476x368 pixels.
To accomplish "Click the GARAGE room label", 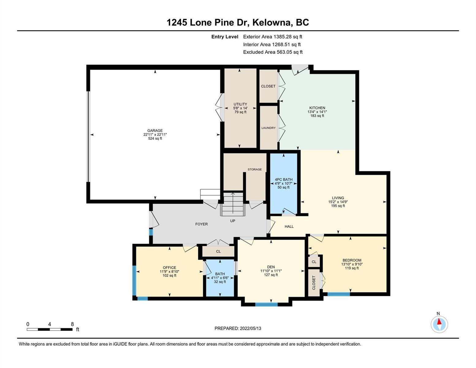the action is (155, 130).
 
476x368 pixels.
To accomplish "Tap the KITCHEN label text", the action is (317, 108).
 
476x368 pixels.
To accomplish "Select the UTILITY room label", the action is (240, 104).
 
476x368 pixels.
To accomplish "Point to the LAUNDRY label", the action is (268, 128).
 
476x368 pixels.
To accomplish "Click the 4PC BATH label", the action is (284, 179).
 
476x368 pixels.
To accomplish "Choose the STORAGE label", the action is (254, 169).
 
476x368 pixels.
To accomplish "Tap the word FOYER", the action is (202, 224).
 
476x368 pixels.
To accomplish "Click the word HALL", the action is (289, 226).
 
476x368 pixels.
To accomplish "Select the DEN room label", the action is (271, 267).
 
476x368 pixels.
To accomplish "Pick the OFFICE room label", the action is (169, 268).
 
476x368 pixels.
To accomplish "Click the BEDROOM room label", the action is (352, 260).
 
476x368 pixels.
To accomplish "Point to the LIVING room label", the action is (338, 198).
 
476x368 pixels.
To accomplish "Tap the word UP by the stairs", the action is (233, 221).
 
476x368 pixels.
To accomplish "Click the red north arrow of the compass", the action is (439, 322).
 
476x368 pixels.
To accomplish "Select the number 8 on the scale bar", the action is (72, 324).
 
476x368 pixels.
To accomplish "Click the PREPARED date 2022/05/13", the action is (250, 328).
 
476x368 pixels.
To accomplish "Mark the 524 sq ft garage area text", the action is (155, 139).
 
